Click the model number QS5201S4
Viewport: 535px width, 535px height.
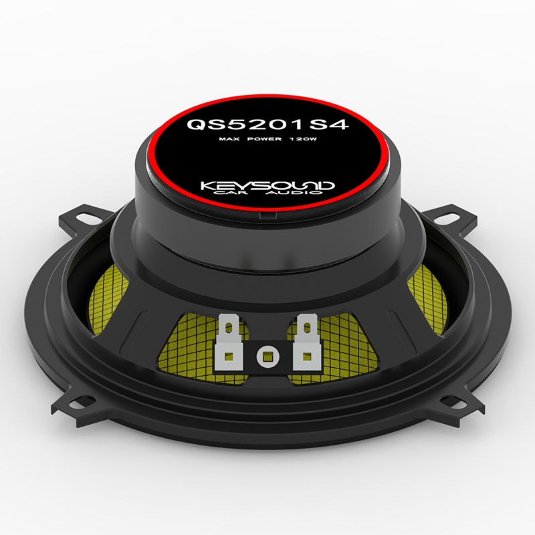267,124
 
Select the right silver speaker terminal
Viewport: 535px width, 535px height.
306,341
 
